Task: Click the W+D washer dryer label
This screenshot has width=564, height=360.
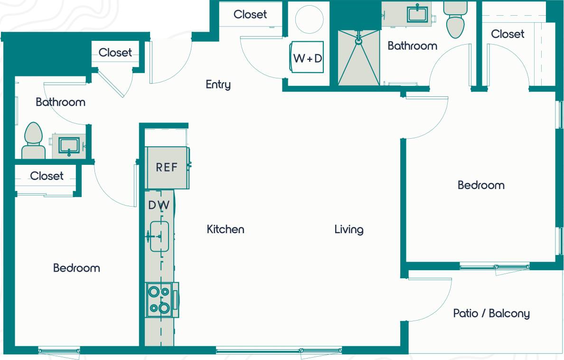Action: (x=308, y=58)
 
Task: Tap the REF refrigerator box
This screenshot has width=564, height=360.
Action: (x=167, y=167)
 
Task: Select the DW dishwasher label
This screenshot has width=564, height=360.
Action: (x=159, y=205)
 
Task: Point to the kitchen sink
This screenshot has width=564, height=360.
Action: (x=160, y=236)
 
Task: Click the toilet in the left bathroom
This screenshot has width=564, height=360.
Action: (x=33, y=140)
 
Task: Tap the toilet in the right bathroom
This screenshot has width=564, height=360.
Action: (x=455, y=21)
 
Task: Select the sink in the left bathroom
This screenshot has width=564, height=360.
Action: (x=69, y=145)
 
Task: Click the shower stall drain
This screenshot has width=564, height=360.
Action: (x=359, y=41)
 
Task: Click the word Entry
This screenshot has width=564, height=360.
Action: (x=218, y=85)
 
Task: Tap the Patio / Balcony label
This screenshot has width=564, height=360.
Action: (x=491, y=313)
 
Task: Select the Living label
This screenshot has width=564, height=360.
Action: (x=349, y=229)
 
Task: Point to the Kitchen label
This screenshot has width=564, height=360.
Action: (x=226, y=229)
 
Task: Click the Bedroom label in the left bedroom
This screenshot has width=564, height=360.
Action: (x=76, y=268)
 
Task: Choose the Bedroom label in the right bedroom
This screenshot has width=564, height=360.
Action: (x=481, y=185)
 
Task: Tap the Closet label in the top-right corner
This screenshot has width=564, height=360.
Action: (x=508, y=34)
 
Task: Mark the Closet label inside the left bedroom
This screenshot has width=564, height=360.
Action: (x=47, y=176)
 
